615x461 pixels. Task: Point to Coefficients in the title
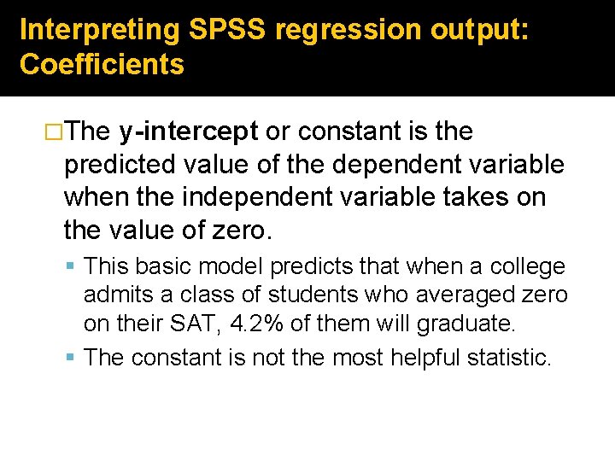pos(102,65)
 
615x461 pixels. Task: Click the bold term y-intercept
pos(189,132)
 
